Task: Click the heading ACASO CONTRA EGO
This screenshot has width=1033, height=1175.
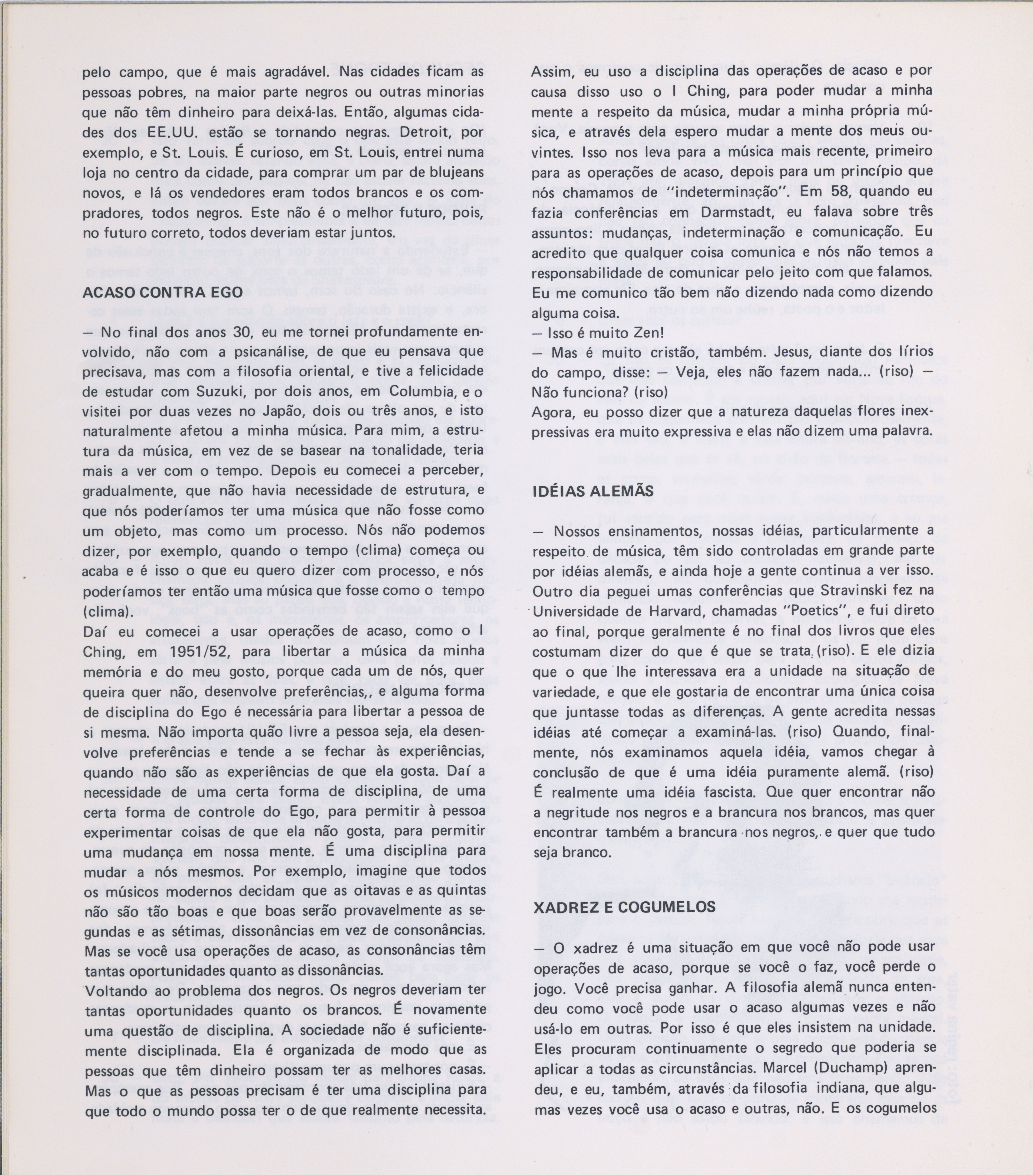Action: coord(163,292)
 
